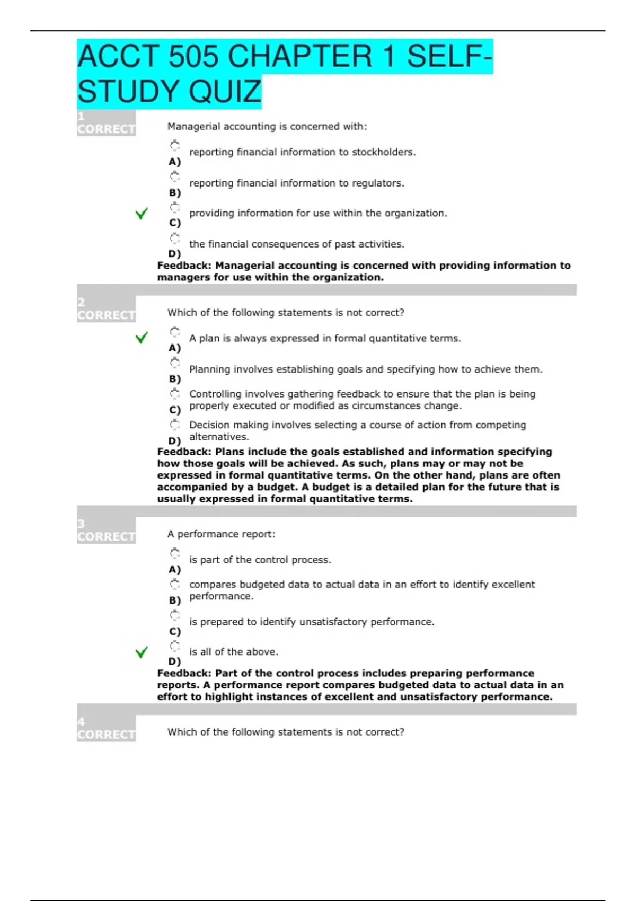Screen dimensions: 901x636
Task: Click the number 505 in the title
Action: click(193, 57)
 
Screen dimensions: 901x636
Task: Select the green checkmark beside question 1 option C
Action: click(142, 214)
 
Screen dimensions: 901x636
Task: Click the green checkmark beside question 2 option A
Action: click(142, 338)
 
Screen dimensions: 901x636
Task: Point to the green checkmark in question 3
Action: click(142, 652)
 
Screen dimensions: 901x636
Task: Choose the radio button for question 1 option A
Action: click(175, 145)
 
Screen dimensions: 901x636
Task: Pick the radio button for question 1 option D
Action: click(175, 238)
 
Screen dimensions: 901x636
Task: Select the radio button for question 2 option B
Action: click(175, 363)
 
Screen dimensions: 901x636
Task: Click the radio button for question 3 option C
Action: click(175, 615)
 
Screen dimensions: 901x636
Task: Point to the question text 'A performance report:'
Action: click(221, 534)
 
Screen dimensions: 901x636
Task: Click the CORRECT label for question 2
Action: click(106, 315)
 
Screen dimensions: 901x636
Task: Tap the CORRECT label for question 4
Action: click(106, 735)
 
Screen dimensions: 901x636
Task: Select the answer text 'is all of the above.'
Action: click(233, 652)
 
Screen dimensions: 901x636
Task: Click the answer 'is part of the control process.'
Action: click(260, 560)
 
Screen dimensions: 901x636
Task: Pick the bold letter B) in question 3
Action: click(175, 600)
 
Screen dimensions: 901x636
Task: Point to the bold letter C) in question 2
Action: click(175, 410)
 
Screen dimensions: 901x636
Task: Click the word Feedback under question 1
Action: click(184, 266)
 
